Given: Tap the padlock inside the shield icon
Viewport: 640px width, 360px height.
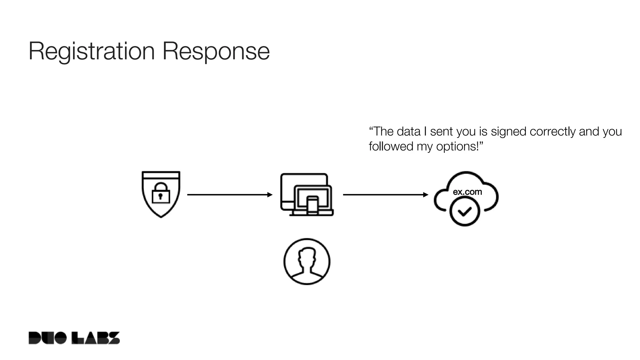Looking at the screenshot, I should pos(161,193).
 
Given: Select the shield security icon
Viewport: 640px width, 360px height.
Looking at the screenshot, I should pos(161,182).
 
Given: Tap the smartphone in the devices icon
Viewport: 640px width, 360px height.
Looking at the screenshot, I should pos(312,205).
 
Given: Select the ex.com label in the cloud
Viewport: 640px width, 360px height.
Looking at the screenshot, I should pos(467,192).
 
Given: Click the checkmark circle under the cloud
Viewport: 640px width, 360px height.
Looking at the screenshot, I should pos(465,212).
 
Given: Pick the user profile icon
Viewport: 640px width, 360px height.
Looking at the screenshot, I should pos(307,262).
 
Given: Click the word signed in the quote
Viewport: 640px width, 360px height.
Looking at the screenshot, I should pos(508,132).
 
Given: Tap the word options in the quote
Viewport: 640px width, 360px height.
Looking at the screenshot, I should pos(457,147).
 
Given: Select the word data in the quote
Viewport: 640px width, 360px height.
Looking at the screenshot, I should pos(408,132).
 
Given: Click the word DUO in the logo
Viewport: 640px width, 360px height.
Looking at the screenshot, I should pos(47,338).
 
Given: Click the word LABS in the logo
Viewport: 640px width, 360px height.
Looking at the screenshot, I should pos(96,338).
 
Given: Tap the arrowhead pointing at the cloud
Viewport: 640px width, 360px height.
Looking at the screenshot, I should pos(426,195).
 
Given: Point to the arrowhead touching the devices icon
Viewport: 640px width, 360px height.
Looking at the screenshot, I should pos(270,195).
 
